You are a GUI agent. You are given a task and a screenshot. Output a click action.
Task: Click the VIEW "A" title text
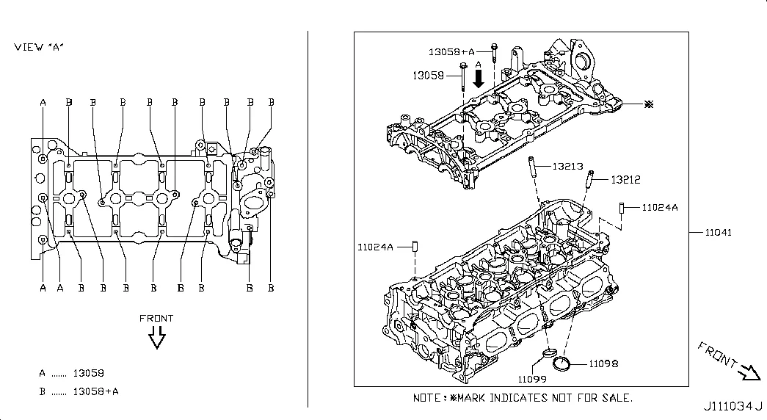[39, 47]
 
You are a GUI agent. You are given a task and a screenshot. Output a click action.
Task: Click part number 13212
[626, 179]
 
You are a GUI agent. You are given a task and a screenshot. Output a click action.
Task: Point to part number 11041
[719, 233]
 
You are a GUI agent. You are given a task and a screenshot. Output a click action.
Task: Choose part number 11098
[602, 363]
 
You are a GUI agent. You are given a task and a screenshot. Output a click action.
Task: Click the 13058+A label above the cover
[452, 51]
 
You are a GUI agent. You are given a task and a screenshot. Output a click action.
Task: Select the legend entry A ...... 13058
[72, 373]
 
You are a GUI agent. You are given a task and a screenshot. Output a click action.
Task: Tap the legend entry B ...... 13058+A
[79, 391]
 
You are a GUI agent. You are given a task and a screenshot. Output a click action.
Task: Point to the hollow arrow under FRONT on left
[156, 338]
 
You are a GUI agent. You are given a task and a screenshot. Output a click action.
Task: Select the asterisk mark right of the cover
[647, 105]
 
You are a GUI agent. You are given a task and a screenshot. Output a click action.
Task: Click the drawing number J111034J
[733, 406]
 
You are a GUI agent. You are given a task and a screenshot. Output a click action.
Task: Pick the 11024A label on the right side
[660, 208]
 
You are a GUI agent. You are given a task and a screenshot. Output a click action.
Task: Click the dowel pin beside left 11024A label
[414, 246]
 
